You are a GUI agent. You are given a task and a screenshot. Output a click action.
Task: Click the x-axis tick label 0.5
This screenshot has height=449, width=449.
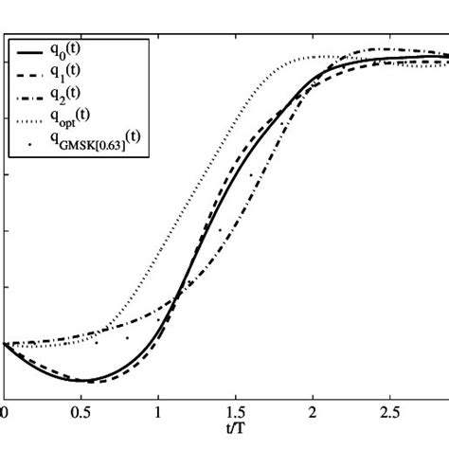[80, 415]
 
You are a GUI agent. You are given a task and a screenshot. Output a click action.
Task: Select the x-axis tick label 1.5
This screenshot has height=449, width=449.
[235, 415]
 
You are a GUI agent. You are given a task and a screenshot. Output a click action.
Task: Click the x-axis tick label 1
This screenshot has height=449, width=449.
[158, 415]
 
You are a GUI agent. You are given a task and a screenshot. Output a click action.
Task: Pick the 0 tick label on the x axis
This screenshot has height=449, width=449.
[5, 415]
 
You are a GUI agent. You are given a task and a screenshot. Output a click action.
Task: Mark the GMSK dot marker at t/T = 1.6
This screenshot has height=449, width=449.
[251, 175]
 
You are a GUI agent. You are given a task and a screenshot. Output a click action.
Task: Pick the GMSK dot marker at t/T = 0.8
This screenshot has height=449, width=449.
[127, 337]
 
